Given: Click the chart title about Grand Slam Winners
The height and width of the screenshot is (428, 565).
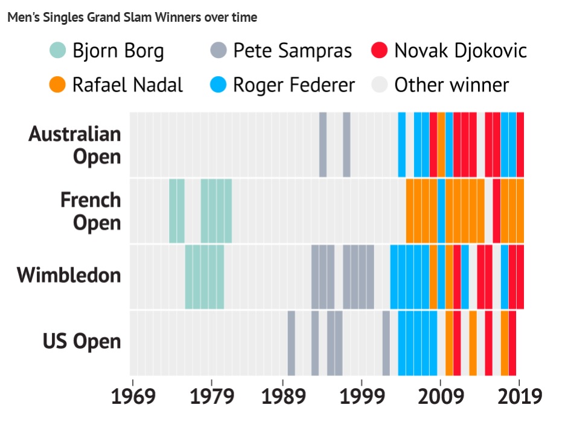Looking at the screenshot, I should [132, 18].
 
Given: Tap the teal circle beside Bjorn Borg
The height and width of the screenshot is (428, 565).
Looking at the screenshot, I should [59, 51].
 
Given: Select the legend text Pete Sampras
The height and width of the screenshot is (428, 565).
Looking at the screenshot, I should [292, 51].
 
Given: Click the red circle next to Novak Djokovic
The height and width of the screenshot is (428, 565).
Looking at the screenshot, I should [379, 51].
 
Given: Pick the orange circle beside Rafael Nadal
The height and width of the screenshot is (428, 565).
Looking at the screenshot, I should [59, 85].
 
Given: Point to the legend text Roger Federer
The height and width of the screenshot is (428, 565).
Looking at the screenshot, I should [294, 85].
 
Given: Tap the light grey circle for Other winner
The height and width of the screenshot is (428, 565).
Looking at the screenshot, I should [379, 85].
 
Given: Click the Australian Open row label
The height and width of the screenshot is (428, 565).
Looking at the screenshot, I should [75, 145].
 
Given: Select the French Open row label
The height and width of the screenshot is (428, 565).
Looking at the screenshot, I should [91, 211].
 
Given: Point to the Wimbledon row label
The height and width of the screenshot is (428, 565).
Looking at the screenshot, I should [69, 276].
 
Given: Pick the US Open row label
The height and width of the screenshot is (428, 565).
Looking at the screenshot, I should [81, 342].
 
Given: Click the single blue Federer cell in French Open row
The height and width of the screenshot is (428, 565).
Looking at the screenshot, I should [441, 211].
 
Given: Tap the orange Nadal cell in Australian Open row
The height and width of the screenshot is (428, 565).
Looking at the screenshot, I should [441, 144].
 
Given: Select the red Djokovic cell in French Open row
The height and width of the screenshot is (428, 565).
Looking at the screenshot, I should [496, 211].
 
